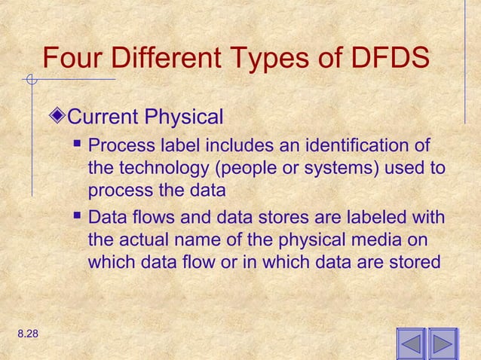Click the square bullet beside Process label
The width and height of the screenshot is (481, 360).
[x=78, y=142]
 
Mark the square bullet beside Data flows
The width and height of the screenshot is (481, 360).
[x=78, y=217]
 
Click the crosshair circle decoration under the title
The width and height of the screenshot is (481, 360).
[x=29, y=78]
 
